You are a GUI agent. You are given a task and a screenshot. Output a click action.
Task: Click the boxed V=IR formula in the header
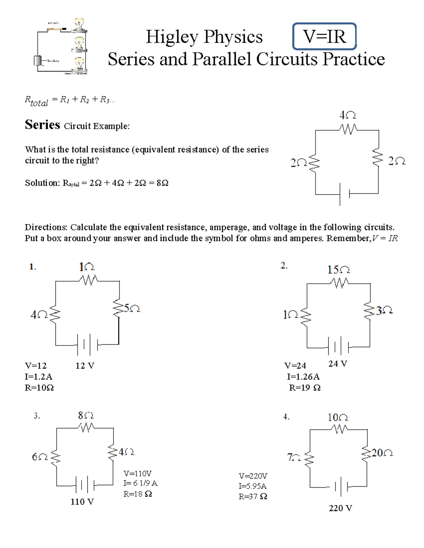pos(324,36)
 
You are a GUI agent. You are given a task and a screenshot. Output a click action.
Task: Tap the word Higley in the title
pos(172,37)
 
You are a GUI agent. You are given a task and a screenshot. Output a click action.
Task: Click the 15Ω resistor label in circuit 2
pos(338,270)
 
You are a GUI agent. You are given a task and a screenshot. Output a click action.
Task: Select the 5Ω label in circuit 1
pos(132,308)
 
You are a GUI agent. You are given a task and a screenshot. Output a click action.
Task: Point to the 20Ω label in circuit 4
pos(382,453)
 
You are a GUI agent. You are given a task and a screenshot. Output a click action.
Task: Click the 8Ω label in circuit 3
pos(86,415)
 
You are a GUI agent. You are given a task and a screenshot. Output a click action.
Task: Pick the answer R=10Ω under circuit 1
pos(39,388)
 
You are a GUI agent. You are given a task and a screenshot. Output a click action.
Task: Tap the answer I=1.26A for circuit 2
pos(303,377)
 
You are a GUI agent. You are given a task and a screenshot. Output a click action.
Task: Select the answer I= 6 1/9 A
pos(140,483)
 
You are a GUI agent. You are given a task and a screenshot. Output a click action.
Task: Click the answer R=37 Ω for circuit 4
pos(253,496)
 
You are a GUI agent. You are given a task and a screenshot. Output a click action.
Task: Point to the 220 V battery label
pos(340,508)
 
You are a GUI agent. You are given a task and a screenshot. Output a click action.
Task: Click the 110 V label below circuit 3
pos(82,501)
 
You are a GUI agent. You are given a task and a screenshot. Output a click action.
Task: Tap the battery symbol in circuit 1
pos(87,344)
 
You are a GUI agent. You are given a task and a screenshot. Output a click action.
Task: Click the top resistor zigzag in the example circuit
pos(348,130)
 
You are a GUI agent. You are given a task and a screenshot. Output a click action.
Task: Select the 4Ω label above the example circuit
pos(348,115)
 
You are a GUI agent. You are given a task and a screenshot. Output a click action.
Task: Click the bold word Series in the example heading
pos(42,125)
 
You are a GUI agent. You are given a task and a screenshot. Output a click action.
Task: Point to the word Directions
pos(46,227)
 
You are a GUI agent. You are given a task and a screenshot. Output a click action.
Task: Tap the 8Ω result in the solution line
pos(162,183)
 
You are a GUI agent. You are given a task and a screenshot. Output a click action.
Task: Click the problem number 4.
pos(286,417)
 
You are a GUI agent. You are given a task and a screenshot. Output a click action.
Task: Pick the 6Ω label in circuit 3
pos(40,457)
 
